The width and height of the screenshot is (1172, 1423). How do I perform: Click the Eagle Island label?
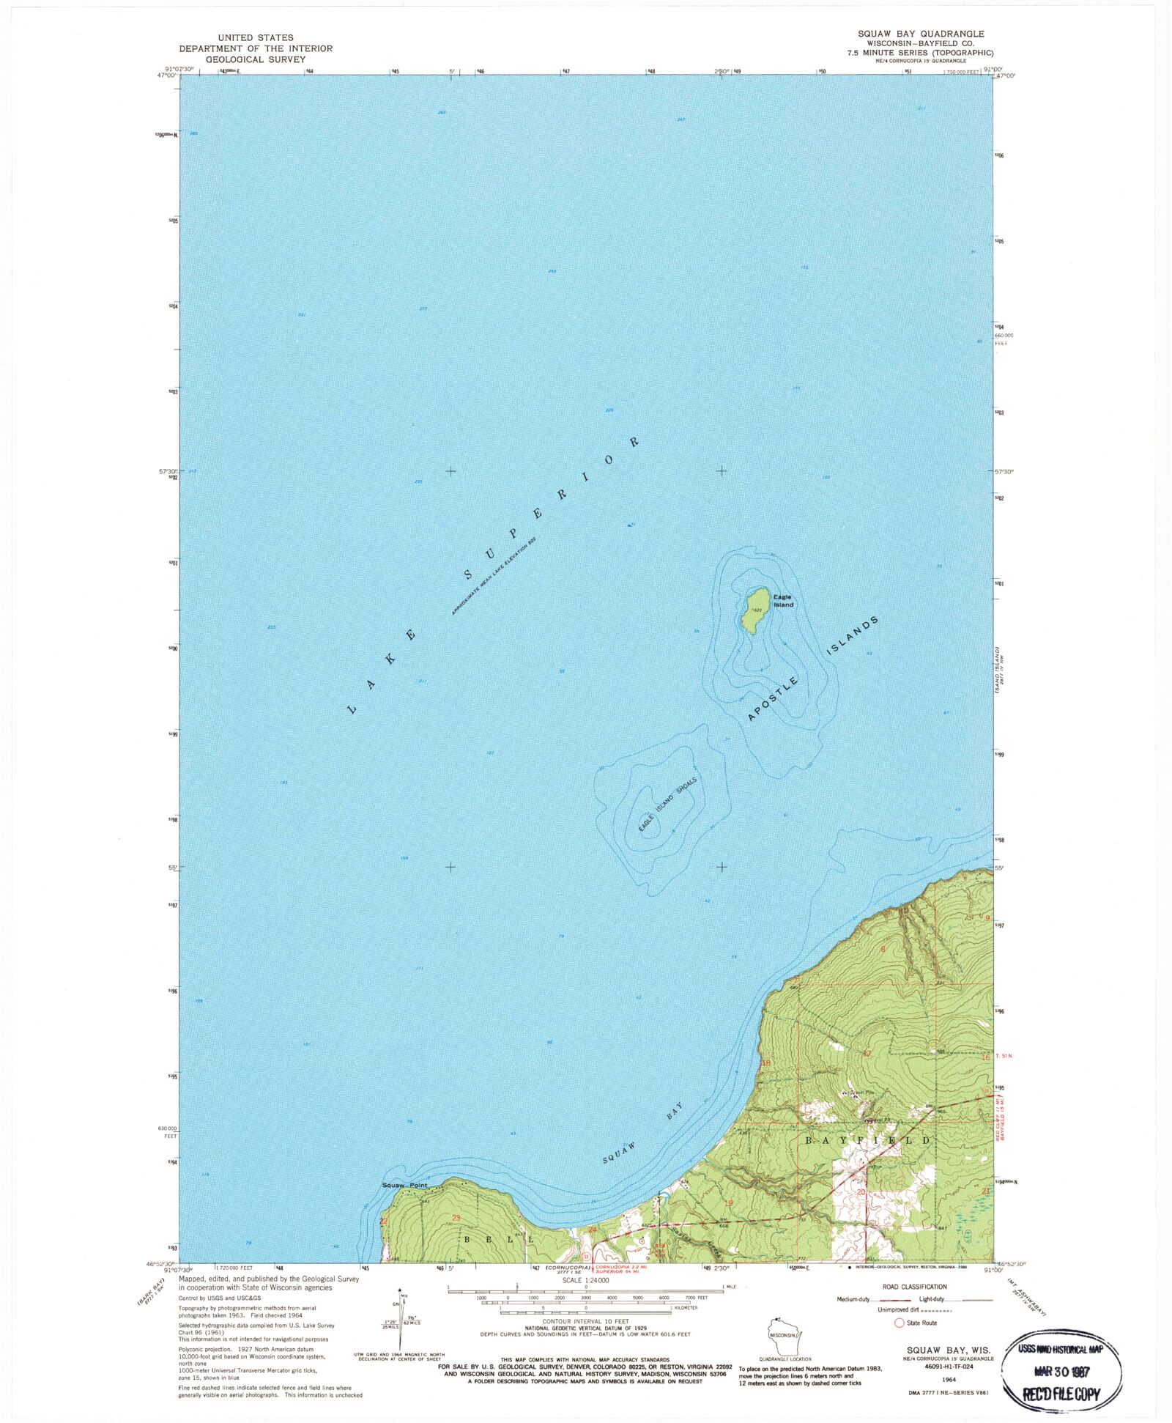click(x=783, y=601)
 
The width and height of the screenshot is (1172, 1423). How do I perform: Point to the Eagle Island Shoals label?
click(x=667, y=804)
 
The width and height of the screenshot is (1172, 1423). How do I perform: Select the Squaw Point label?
click(x=404, y=1185)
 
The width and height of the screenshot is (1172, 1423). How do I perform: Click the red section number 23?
click(x=456, y=1218)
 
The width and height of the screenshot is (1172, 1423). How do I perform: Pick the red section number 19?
click(x=728, y=1203)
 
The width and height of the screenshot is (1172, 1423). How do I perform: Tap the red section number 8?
click(x=883, y=950)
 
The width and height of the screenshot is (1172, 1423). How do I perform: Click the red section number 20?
click(x=861, y=1192)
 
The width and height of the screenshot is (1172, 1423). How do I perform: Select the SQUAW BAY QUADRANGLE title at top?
click(x=921, y=34)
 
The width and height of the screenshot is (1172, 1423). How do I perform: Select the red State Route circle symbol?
click(x=899, y=1323)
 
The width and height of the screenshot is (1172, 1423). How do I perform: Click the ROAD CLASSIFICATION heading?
click(x=914, y=1287)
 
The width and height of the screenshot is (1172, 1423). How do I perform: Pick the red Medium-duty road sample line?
click(x=891, y=1300)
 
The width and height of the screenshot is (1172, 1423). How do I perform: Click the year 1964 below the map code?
click(x=950, y=1379)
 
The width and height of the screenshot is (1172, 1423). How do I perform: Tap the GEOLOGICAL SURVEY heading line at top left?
click(x=256, y=59)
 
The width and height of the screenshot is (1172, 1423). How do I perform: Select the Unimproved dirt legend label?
click(x=899, y=1309)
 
